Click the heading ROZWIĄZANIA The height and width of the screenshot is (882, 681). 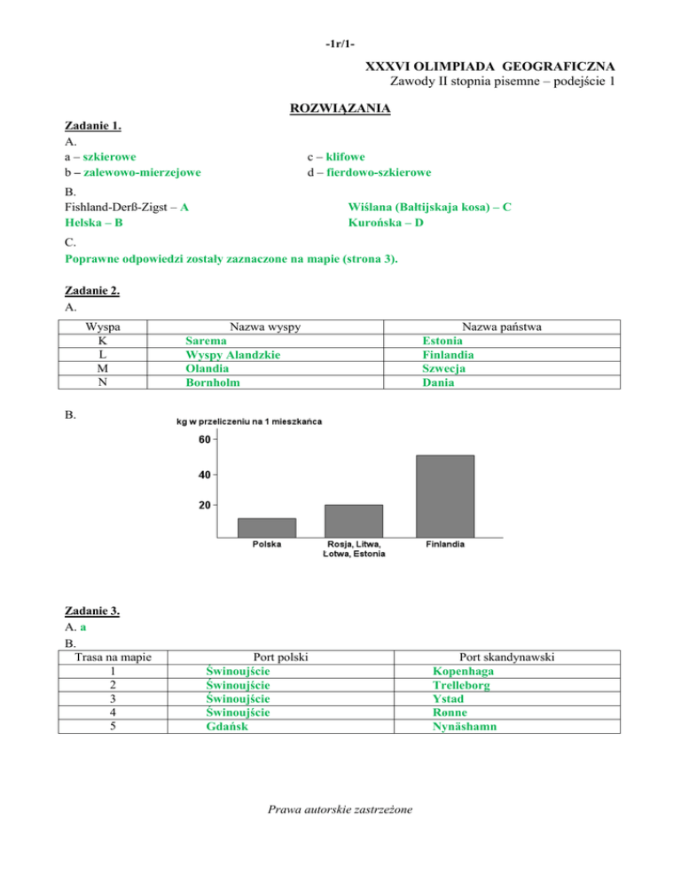pos(340,109)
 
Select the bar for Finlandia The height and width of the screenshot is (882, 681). pos(444,496)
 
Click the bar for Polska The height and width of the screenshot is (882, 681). pos(267,527)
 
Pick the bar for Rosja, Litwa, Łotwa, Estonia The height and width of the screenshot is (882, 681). pos(355,521)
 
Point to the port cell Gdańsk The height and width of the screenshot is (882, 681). pos(225,726)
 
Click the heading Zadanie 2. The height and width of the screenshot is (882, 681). pos(93,290)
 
